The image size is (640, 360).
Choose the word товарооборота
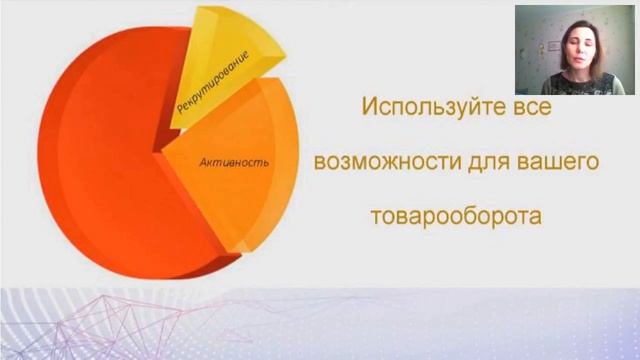456,216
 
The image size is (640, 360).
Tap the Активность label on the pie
234,161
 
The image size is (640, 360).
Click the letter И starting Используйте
369,106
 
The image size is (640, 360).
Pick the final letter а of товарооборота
535,216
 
